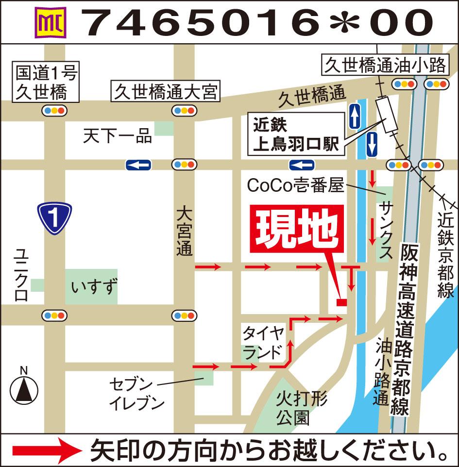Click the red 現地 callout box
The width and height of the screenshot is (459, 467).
(297, 229)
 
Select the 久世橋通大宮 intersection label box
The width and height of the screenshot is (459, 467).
(166, 91)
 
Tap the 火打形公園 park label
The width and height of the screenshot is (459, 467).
(301, 408)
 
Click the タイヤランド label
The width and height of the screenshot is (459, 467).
(263, 343)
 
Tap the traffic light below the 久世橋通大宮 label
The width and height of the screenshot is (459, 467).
(185, 111)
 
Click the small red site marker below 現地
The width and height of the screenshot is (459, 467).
(341, 302)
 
